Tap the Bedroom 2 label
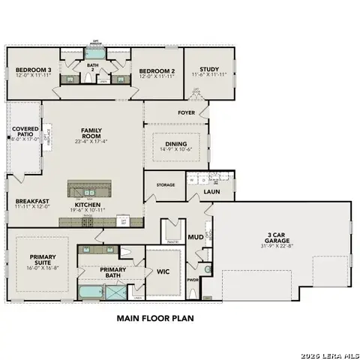(156, 73)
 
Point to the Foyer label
(186, 113)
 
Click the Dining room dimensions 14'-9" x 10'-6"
(175, 150)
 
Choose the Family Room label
(92, 132)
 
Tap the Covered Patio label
(25, 133)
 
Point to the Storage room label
(166, 184)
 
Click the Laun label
(211, 193)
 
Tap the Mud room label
(196, 236)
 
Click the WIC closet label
(162, 271)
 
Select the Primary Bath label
(113, 273)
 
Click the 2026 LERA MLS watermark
(329, 354)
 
